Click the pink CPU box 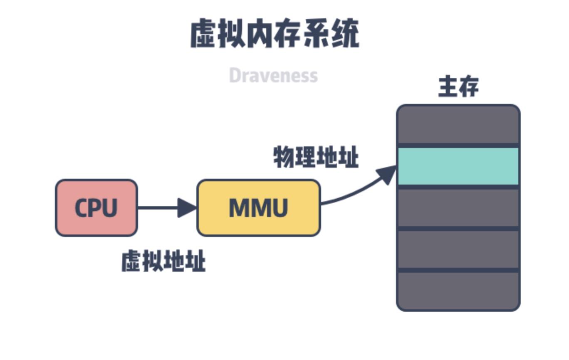click(96, 208)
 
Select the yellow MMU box click(258, 208)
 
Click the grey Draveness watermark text click(273, 76)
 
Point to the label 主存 click(458, 87)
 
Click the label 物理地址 click(316, 158)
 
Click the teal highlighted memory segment click(458, 166)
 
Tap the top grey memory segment click(458, 124)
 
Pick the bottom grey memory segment click(458, 290)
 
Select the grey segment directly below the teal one click(458, 208)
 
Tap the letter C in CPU click(82, 208)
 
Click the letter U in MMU click(278, 208)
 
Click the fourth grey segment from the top click(458, 249)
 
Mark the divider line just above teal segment click(458, 145)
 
